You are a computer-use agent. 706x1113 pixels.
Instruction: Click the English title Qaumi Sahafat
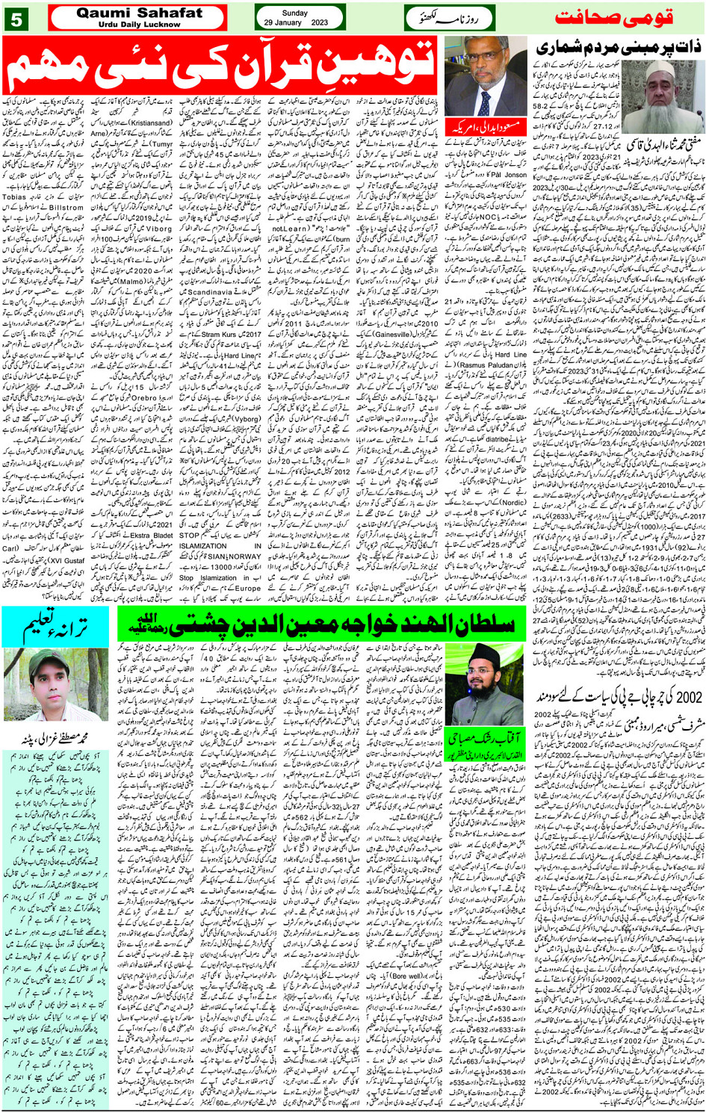[x=139, y=13]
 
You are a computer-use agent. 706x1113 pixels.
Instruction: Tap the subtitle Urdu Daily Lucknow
[x=139, y=25]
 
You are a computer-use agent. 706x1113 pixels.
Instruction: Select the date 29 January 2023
[x=296, y=22]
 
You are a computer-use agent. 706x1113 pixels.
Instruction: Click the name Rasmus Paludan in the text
[x=486, y=365]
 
